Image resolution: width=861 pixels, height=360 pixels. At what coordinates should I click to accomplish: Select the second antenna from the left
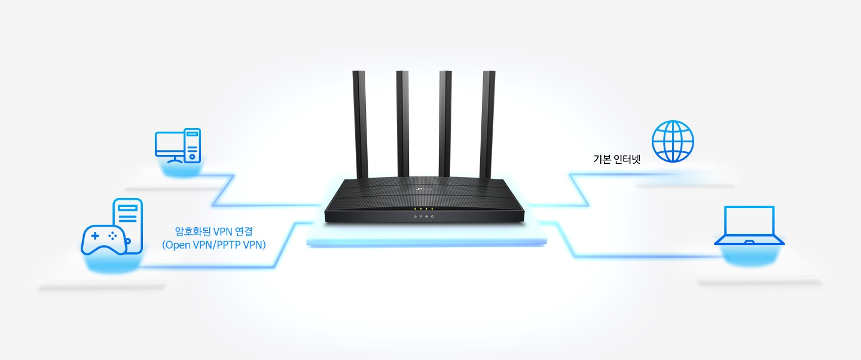click(x=403, y=124)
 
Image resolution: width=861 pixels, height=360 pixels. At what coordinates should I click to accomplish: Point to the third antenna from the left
click(x=445, y=124)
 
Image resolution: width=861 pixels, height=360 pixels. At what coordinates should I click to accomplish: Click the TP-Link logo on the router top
click(x=423, y=189)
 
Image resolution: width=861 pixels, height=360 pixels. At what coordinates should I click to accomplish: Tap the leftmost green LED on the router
click(x=415, y=209)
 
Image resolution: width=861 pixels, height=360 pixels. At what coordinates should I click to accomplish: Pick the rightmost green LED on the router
click(x=432, y=209)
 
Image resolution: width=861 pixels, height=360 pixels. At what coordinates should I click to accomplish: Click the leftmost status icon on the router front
click(x=415, y=216)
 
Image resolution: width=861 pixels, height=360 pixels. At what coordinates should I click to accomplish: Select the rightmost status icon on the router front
click(x=432, y=216)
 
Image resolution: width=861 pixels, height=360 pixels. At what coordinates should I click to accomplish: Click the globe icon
click(x=673, y=141)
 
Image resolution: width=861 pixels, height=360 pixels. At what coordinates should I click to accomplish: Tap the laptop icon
click(x=749, y=226)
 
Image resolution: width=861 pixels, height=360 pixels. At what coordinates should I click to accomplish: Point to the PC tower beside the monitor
click(x=192, y=145)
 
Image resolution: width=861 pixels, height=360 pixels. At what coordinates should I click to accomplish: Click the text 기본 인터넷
click(x=617, y=159)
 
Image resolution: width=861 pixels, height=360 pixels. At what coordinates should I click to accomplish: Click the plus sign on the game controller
click(x=94, y=236)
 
